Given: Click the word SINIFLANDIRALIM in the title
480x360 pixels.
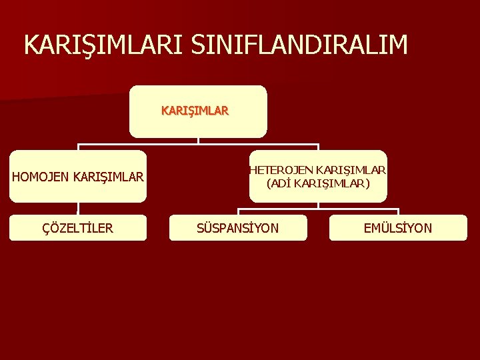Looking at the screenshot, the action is [299, 45].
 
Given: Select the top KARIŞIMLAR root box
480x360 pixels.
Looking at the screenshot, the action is [198, 111].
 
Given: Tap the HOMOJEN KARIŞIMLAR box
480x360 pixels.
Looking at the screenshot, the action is [78, 177].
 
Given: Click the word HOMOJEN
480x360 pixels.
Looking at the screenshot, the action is [41, 177].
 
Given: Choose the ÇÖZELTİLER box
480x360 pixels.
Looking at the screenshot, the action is [78, 228].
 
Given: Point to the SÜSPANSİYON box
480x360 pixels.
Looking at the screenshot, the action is [238, 228].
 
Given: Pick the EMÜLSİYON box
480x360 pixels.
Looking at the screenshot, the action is [398, 228].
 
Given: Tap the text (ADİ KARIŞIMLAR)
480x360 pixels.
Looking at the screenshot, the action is [318, 183].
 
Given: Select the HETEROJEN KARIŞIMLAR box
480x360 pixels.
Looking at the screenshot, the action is [318, 176].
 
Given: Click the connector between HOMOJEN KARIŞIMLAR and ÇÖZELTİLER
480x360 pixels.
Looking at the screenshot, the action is [78, 208].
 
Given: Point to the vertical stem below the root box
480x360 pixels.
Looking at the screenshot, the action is [198, 141].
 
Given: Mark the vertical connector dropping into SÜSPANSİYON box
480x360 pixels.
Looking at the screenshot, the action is [238, 211].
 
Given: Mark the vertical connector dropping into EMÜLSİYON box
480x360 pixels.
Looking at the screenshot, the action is [398, 211].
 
